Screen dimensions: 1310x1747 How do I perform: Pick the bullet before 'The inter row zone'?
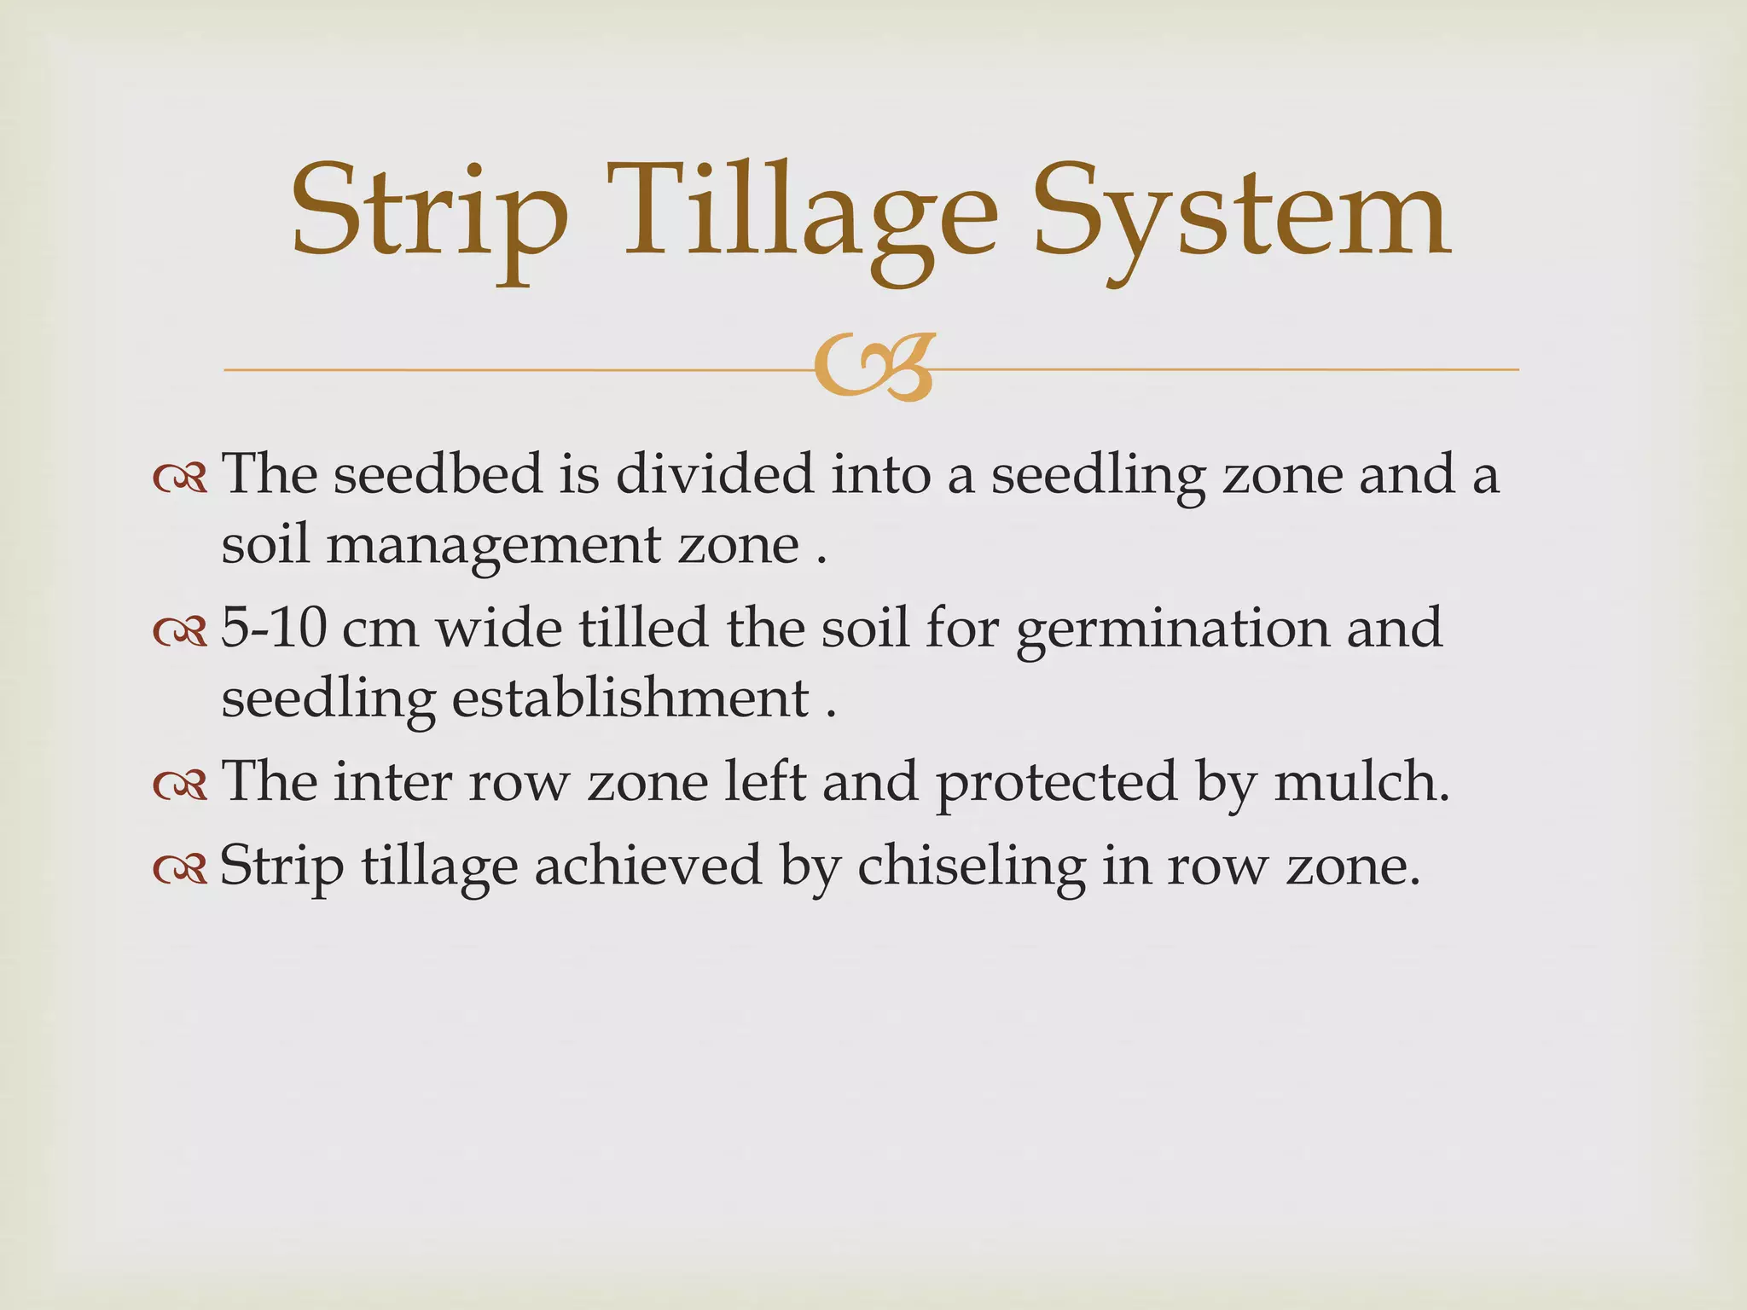pyautogui.click(x=180, y=785)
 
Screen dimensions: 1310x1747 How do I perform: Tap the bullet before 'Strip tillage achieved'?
pyautogui.click(x=180, y=869)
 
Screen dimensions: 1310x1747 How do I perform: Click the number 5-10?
pyautogui.click(x=273, y=629)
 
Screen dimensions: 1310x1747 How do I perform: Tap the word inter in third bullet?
pyautogui.click(x=392, y=782)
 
